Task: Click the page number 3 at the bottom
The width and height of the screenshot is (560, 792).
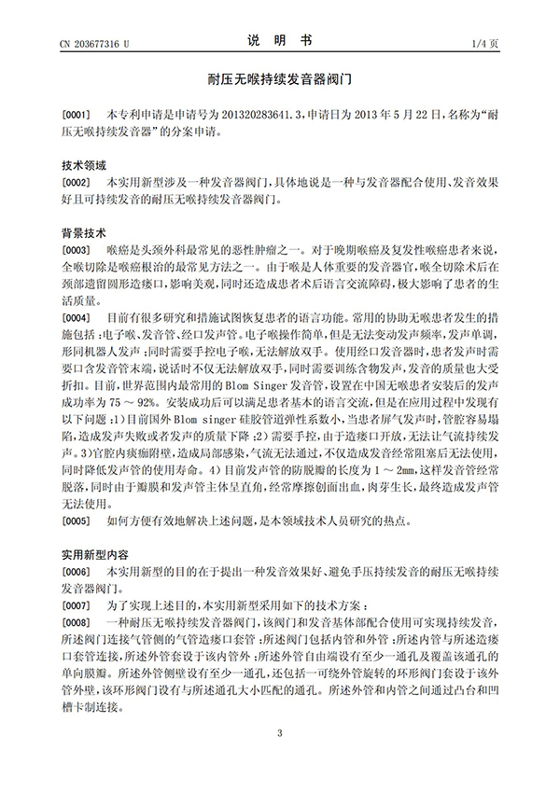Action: click(279, 757)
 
